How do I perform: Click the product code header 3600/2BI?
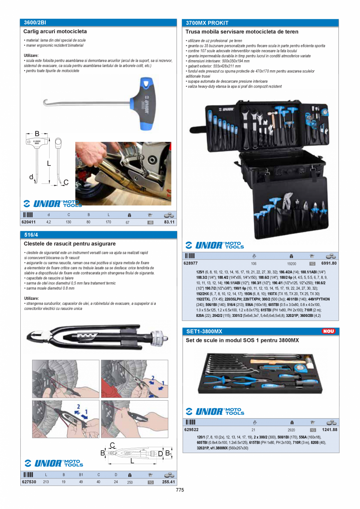[35, 23]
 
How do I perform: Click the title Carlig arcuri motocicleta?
[55, 31]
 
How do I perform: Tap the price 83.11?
[169, 222]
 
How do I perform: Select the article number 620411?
[29, 222]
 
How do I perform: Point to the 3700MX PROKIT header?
[207, 23]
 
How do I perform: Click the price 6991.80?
[329, 263]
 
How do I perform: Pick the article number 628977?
[191, 263]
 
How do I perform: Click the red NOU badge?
[328, 331]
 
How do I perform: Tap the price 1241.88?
[329, 429]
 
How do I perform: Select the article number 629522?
[191, 429]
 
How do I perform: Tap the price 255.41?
[169, 482]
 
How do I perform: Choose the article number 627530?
[29, 482]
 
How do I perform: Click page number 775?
[180, 490]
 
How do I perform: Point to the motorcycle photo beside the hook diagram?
[123, 173]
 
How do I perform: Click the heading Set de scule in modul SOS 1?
[242, 340]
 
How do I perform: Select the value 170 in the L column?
[108, 222]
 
